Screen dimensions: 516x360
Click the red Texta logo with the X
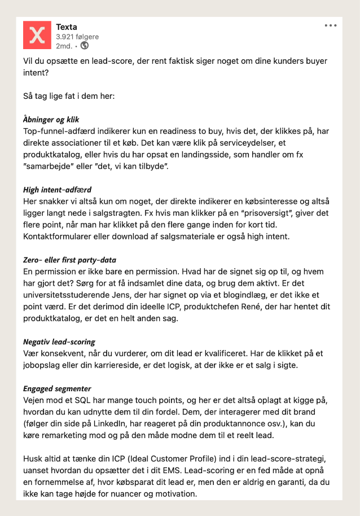pos(37,35)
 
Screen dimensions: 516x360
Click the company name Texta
pos(67,27)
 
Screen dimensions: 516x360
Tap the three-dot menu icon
pos(331,25)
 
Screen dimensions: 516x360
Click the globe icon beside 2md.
pos(85,46)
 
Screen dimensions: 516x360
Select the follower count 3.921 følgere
pos(77,36)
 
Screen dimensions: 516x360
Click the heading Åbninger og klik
pos(51,120)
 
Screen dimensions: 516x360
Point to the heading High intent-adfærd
pos(58,190)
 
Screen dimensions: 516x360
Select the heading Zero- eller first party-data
pos(70,260)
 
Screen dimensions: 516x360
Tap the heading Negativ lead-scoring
pos(59,342)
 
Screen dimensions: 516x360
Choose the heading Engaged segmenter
pos(57,389)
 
